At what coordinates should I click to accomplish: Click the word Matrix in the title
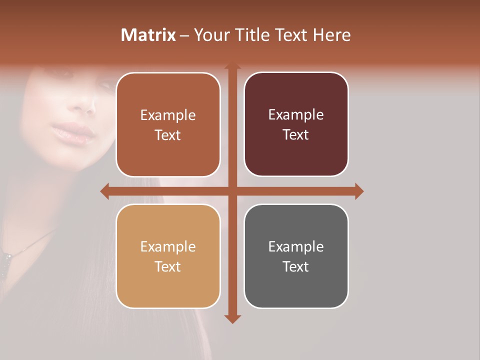pyautogui.click(x=148, y=35)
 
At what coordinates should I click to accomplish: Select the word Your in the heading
pyautogui.click(x=210, y=35)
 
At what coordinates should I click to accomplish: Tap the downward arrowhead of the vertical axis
pyautogui.click(x=232, y=318)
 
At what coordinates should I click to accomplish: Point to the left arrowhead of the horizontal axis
pyautogui.click(x=104, y=191)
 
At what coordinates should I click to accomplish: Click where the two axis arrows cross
pyautogui.click(x=232, y=191)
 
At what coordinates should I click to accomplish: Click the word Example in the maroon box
pyautogui.click(x=296, y=115)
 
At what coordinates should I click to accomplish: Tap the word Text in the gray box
pyautogui.click(x=296, y=266)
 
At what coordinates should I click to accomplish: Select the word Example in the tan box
pyautogui.click(x=168, y=246)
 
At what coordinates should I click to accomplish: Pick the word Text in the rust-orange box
pyautogui.click(x=168, y=135)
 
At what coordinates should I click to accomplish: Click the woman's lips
pyautogui.click(x=73, y=132)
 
